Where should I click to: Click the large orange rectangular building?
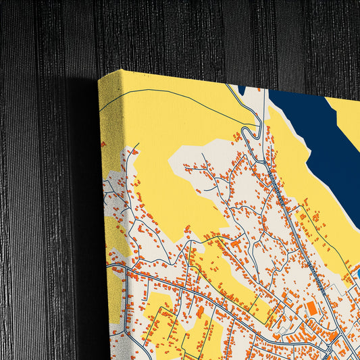[311, 309]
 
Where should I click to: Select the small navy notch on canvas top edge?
[242, 90]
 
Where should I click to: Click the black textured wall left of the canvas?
[41, 169]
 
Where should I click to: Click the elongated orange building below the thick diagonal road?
[200, 313]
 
